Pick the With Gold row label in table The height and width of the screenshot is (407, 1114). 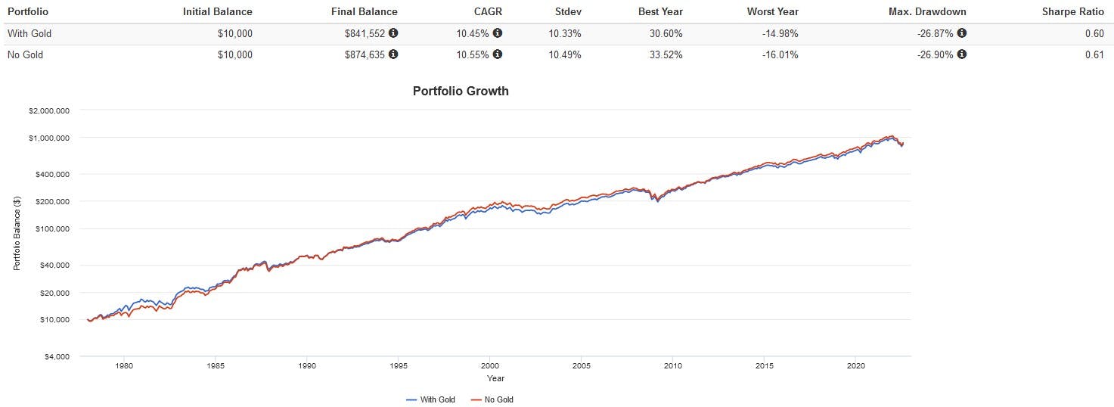[x=28, y=33]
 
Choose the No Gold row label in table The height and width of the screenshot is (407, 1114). [x=25, y=54]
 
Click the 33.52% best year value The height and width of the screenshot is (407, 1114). [x=665, y=54]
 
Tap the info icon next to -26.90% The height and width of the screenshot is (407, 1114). [x=961, y=54]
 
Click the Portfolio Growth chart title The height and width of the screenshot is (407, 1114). [x=461, y=91]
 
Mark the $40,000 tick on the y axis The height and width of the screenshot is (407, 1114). [x=52, y=265]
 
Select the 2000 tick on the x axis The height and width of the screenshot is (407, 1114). [x=489, y=366]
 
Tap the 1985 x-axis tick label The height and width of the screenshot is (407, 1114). [x=216, y=366]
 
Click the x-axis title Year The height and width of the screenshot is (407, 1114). [x=495, y=378]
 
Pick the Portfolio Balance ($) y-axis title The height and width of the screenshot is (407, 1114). [x=17, y=233]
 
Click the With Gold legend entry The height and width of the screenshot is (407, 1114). [x=430, y=399]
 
